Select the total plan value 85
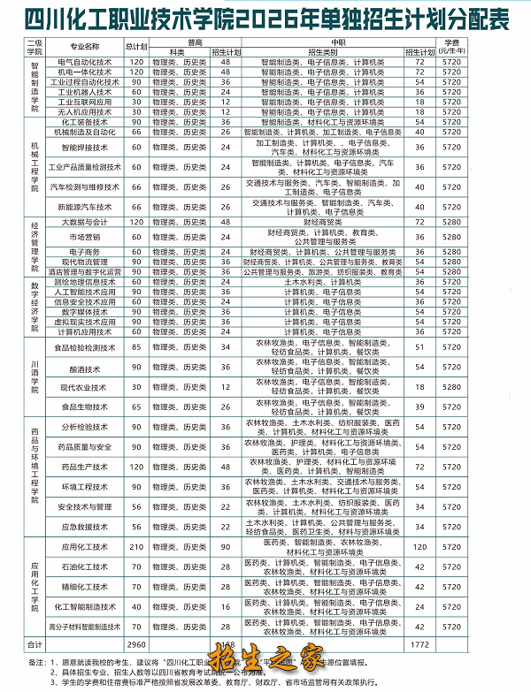[136, 348]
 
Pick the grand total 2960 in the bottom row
[136, 644]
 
